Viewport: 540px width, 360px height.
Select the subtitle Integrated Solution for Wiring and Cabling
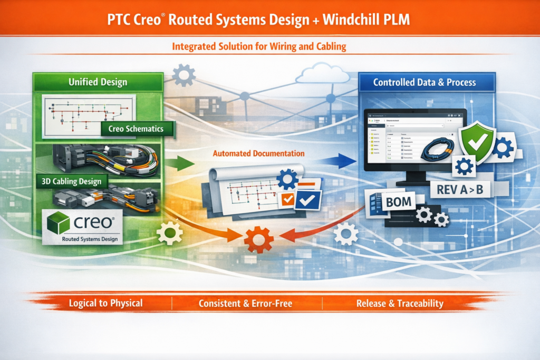[259, 47]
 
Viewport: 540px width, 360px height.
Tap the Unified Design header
[98, 82]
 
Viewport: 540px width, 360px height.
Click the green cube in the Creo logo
[58, 223]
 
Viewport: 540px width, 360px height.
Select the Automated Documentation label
[258, 154]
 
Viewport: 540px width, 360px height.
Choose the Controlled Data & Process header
[425, 82]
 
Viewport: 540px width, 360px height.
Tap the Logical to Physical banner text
[105, 304]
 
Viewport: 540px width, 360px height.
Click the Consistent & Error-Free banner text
[246, 304]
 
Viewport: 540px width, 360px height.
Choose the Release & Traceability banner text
[400, 304]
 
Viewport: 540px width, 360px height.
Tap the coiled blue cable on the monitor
[436, 148]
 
